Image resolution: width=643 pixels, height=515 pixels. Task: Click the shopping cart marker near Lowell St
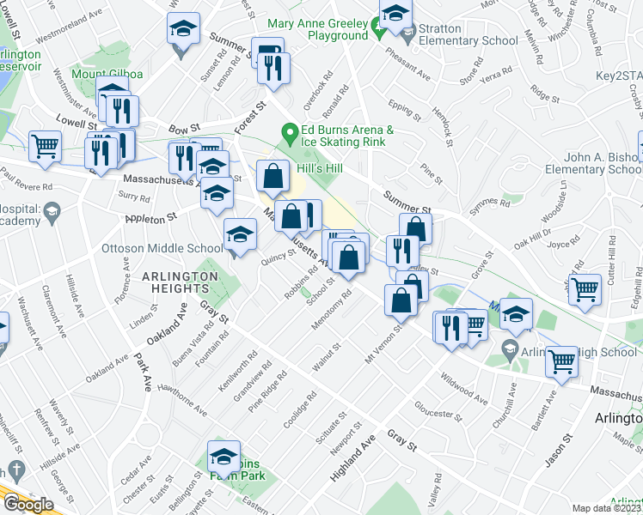(45, 146)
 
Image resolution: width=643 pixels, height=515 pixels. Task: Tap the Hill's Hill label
(319, 168)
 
